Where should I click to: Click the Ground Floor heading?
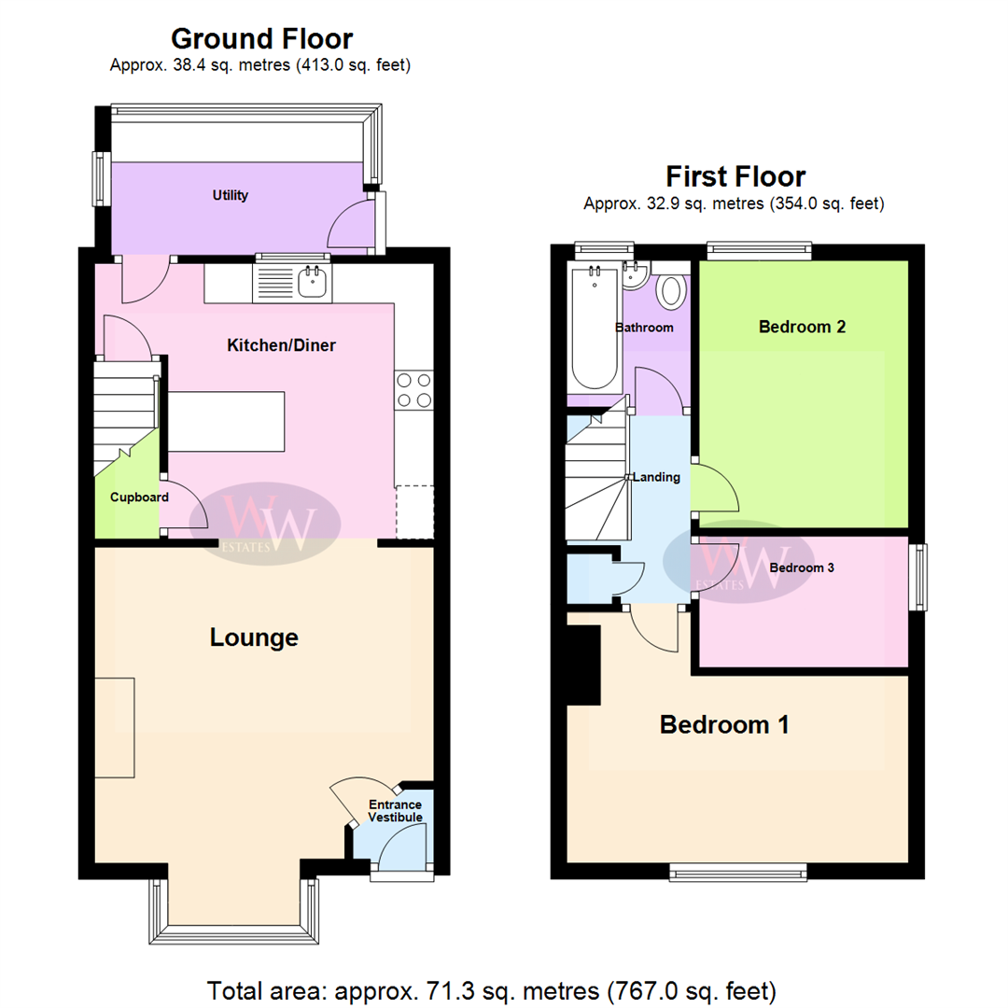pyautogui.click(x=261, y=39)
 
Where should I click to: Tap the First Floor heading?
pyautogui.click(x=735, y=176)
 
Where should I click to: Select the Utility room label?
pyautogui.click(x=230, y=195)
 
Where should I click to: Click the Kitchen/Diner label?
pyautogui.click(x=281, y=345)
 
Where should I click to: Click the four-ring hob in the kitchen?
pyautogui.click(x=414, y=390)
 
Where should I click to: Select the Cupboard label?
pyautogui.click(x=139, y=497)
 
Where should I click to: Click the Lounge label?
pyautogui.click(x=254, y=637)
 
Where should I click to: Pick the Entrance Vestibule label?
pyautogui.click(x=395, y=811)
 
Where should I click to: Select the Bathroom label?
pyautogui.click(x=644, y=328)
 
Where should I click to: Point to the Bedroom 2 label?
pyautogui.click(x=802, y=327)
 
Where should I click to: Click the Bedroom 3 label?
pyautogui.click(x=802, y=567)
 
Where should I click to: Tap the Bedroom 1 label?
pyautogui.click(x=724, y=724)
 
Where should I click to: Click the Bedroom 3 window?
pyautogui.click(x=919, y=578)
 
